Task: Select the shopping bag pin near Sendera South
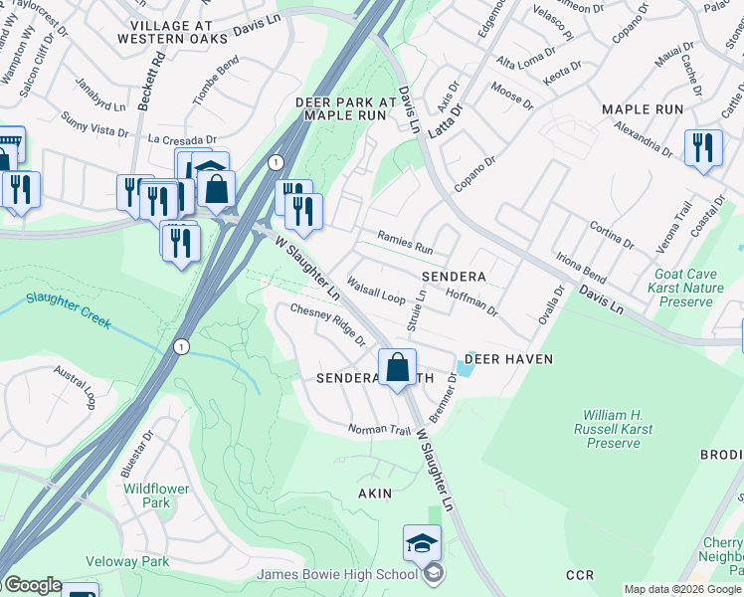[x=397, y=366]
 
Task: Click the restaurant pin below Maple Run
[x=703, y=149]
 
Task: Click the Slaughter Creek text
[x=69, y=308]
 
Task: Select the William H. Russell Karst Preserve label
[x=612, y=429]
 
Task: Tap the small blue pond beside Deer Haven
[x=465, y=369]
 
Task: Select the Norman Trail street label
[x=379, y=430]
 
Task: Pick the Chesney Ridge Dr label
[x=327, y=324]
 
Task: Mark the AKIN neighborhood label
[x=375, y=494]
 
